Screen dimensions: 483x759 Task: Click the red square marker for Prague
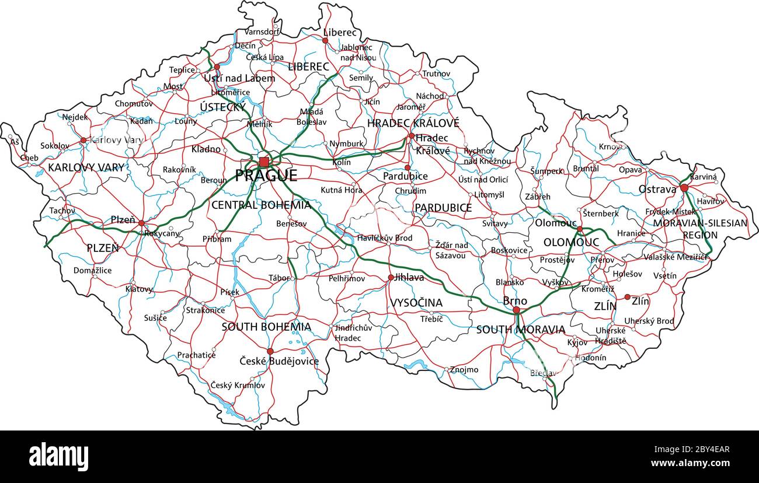pos(264,162)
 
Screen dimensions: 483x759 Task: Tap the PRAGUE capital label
pos(266,176)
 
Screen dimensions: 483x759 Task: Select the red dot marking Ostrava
pos(684,188)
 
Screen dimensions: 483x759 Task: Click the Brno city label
pos(515,301)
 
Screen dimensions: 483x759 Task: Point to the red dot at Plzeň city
pos(141,223)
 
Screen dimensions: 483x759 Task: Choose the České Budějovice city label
pos(279,361)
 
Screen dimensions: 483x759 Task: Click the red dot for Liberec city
pos(325,41)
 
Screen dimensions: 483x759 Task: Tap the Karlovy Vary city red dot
pos(83,140)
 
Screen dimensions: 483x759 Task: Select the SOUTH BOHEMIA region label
pos(266,327)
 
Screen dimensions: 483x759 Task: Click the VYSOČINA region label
pos(416,303)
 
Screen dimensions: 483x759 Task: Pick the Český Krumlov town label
pos(238,385)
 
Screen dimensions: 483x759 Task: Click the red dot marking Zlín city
pos(627,297)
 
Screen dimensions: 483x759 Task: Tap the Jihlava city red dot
pos(390,278)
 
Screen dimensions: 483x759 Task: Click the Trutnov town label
pos(436,73)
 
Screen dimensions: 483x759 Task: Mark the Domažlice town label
pos(92,270)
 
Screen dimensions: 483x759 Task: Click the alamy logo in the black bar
pos(58,456)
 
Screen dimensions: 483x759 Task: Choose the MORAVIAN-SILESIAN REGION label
pos(700,229)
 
